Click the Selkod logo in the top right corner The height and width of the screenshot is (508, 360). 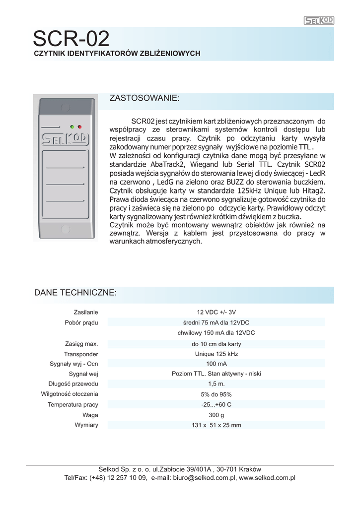[x=318, y=20]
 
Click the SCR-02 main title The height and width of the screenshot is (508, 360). [x=71, y=39]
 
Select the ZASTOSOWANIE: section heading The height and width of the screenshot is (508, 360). [x=144, y=98]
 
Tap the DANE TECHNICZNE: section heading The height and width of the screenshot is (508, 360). [x=75, y=293]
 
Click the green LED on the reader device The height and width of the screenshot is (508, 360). [x=72, y=127]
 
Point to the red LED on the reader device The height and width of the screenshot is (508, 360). [x=79, y=127]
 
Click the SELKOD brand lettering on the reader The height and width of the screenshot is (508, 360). [x=65, y=139]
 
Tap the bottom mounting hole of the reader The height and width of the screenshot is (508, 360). [x=65, y=229]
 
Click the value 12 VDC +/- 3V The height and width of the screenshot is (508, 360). [x=216, y=312]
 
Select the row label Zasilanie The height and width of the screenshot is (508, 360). [x=85, y=312]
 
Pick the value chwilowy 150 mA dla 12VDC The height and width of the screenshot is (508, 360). [x=216, y=333]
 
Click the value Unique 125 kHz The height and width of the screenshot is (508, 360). [x=216, y=354]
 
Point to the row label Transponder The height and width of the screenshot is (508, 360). [x=81, y=354]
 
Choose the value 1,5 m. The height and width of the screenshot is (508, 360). [x=216, y=384]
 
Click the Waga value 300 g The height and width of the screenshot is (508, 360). [x=216, y=415]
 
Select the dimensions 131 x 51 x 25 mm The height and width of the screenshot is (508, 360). [x=216, y=425]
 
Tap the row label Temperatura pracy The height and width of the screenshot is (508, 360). [x=73, y=405]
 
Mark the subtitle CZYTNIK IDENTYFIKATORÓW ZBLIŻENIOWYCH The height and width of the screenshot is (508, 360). [x=117, y=53]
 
